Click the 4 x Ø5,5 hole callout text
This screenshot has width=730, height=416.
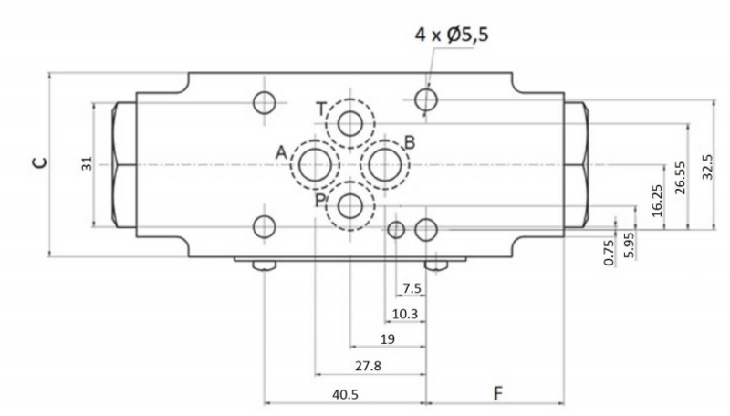click(452, 35)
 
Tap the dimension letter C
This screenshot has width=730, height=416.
click(40, 162)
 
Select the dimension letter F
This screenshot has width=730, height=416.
click(498, 394)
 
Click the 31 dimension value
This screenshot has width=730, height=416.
click(87, 163)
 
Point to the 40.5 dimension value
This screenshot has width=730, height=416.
click(345, 395)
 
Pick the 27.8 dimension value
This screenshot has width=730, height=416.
click(368, 366)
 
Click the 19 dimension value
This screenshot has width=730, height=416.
click(387, 339)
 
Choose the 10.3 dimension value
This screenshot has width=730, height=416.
click(404, 314)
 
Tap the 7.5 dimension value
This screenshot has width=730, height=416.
click(412, 288)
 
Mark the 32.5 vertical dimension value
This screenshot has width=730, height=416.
click(706, 167)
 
